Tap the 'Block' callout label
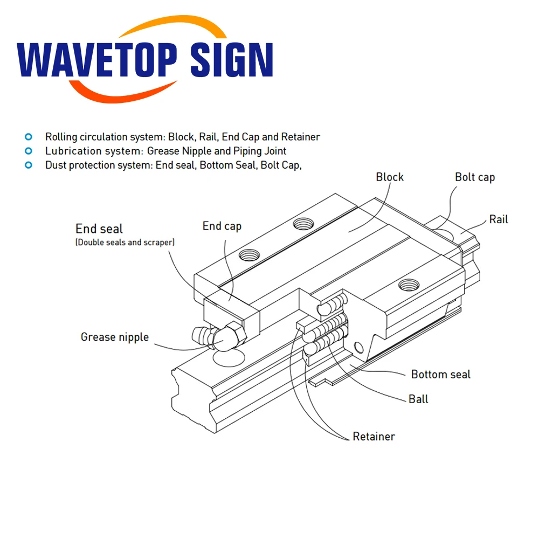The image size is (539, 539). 390,177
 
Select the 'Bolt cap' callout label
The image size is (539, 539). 475,177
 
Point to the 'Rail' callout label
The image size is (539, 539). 499,219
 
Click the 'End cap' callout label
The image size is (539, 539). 222,226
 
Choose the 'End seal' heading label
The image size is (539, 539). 99,229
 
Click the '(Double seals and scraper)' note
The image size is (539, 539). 125,243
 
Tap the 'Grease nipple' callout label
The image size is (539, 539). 114,337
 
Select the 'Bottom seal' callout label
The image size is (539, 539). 440,374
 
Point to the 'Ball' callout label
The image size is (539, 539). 418,399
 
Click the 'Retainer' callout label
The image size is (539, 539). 374,436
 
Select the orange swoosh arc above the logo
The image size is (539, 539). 146,27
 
